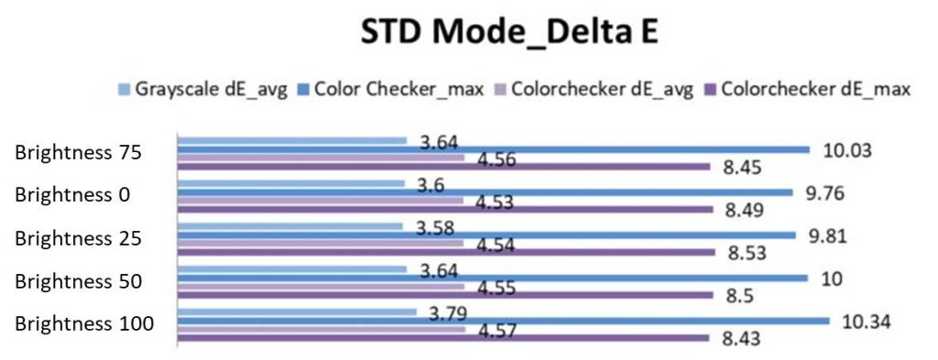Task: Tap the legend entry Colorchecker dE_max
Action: [806, 90]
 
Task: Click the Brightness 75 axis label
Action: [78, 153]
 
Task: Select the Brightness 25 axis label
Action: [78, 237]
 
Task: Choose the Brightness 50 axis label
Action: [78, 280]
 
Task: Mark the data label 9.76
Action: [826, 192]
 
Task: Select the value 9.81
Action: [828, 235]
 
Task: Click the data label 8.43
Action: [744, 340]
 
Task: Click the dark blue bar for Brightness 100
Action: [504, 321]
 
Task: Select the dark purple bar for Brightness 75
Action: [443, 167]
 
